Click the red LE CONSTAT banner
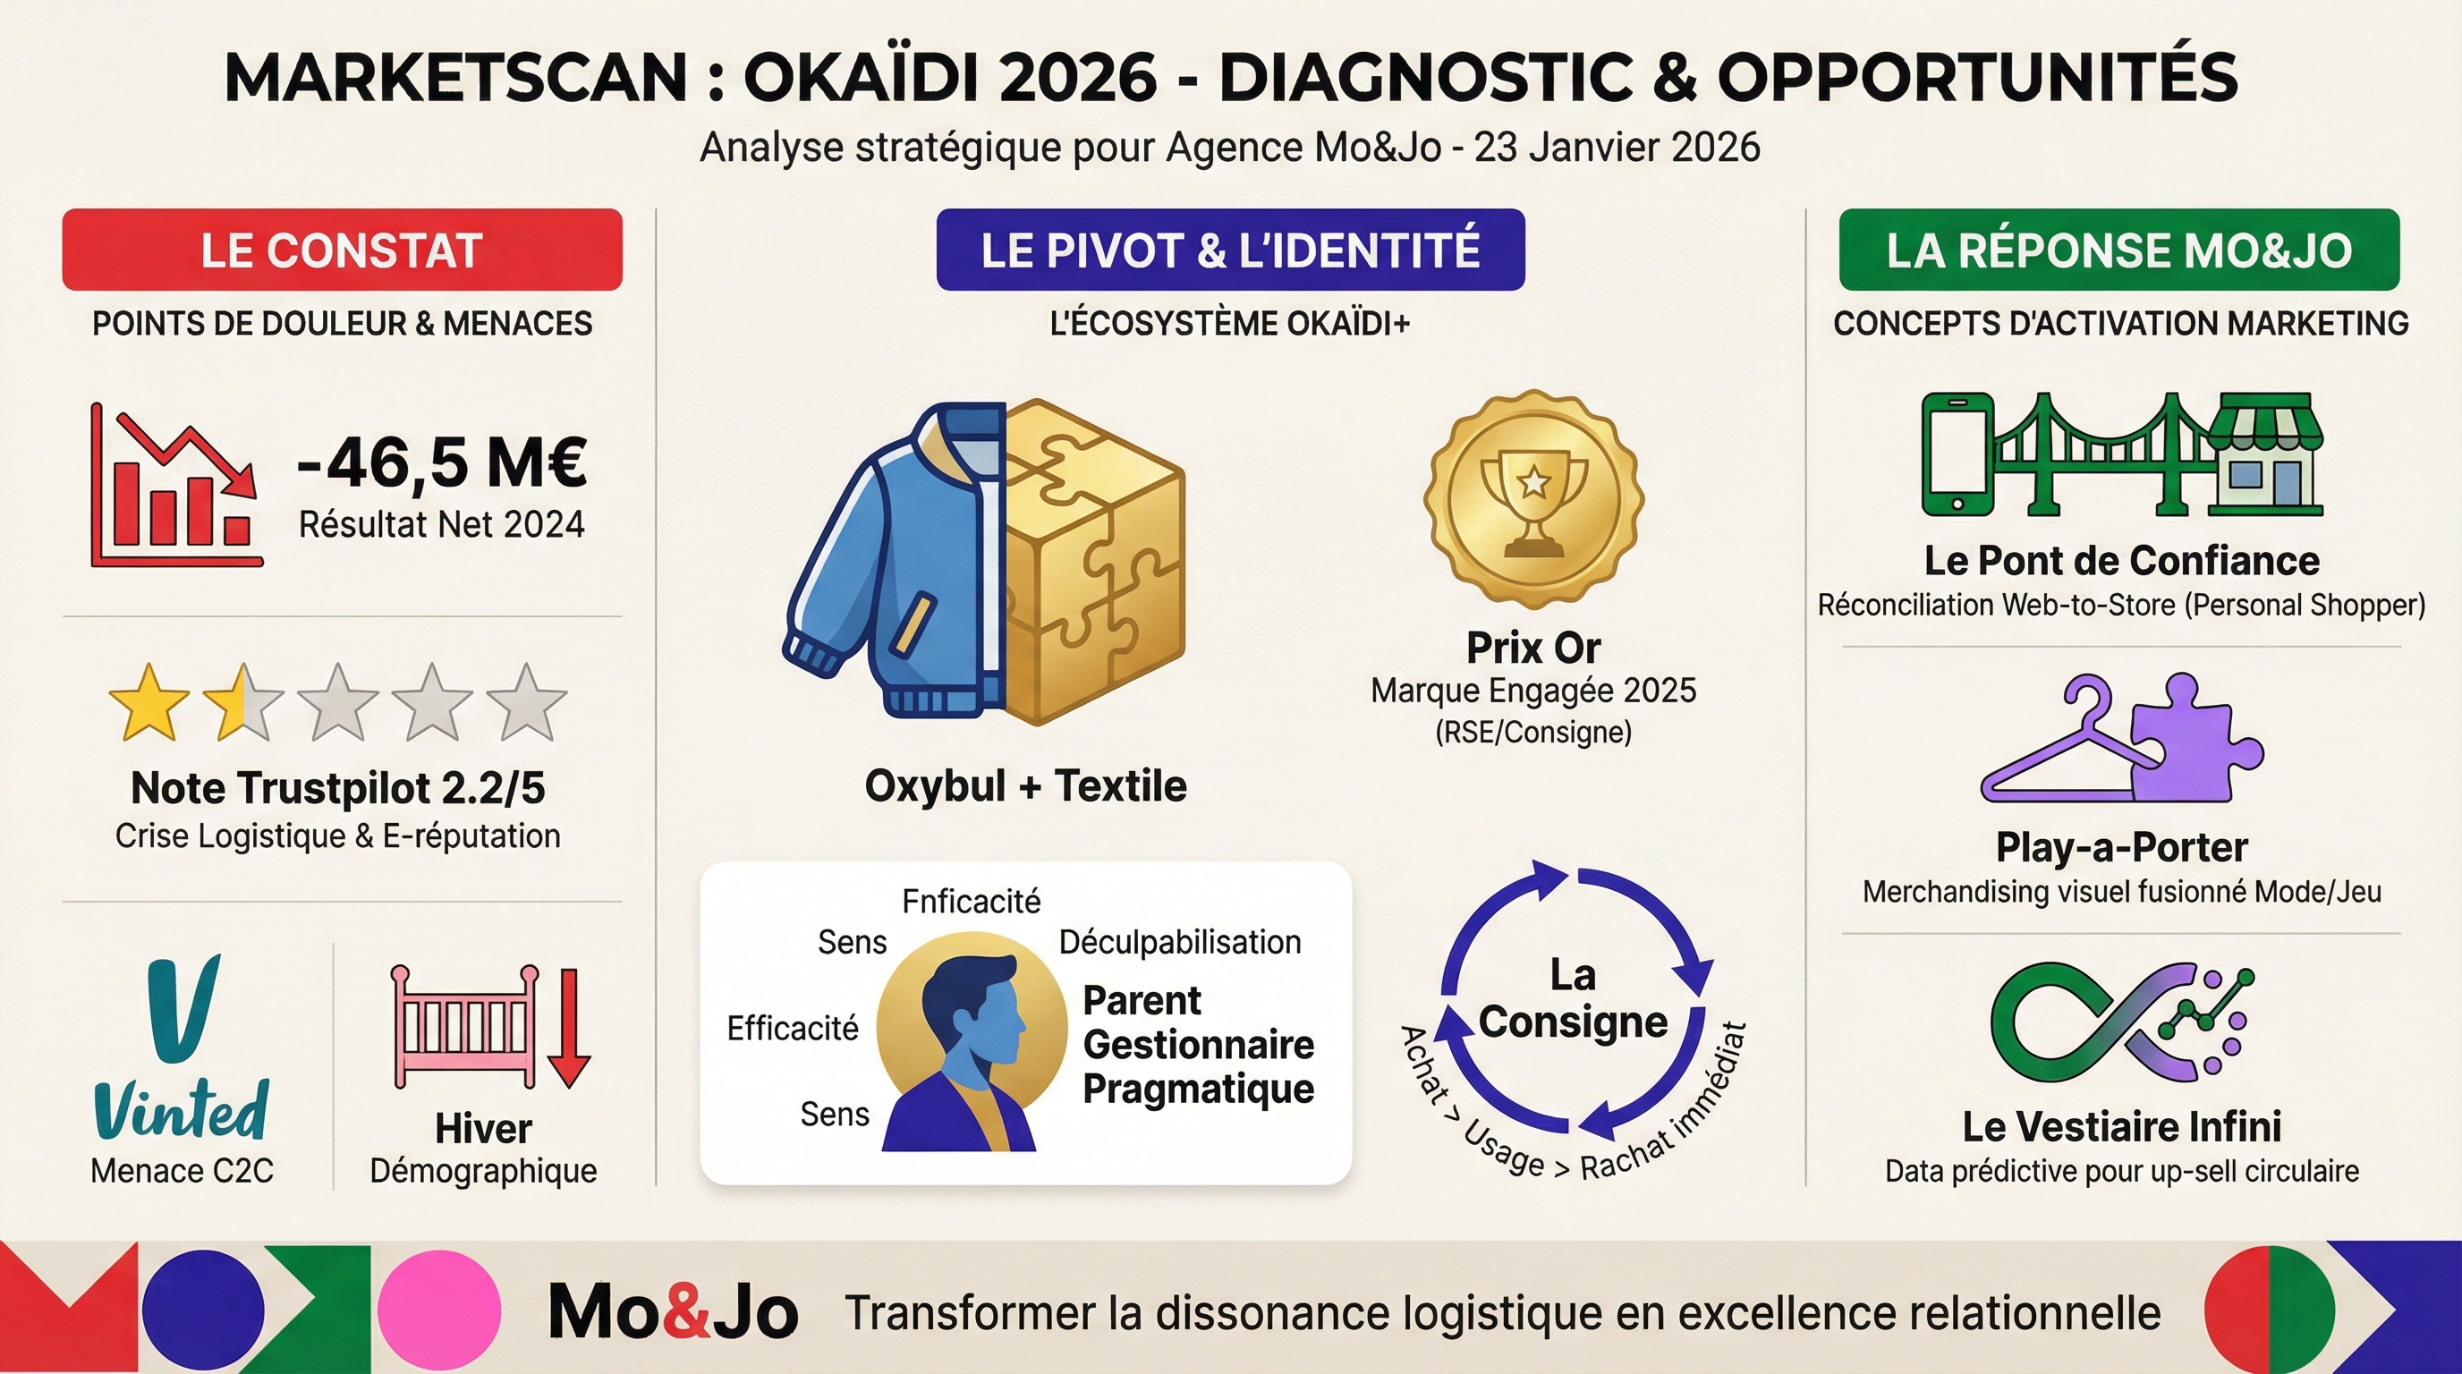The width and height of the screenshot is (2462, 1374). [341, 250]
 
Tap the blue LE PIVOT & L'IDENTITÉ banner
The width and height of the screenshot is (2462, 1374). [1230, 250]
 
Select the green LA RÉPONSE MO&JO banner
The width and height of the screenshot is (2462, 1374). [2118, 250]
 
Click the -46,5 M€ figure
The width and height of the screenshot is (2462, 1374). [442, 462]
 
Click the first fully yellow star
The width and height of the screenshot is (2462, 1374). [149, 703]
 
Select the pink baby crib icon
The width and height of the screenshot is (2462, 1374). [464, 1027]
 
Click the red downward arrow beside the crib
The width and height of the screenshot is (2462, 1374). [569, 1028]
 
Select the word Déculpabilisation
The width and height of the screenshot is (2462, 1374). [1179, 942]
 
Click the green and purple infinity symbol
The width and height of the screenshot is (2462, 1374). [2122, 1022]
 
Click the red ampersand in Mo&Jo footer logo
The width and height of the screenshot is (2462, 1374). [686, 1313]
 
